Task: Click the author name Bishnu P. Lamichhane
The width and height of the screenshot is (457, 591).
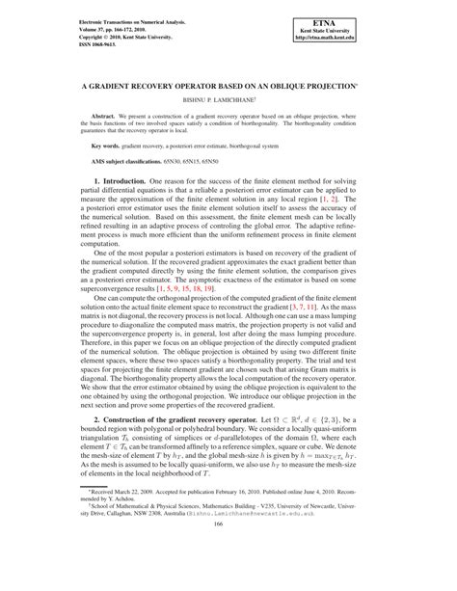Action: click(x=228, y=98)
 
